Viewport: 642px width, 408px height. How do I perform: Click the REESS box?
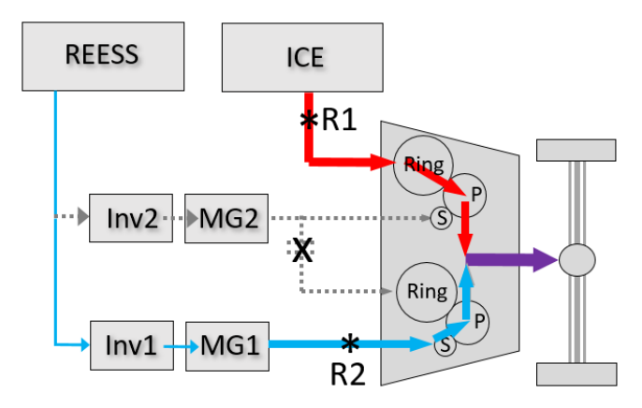pos(103,56)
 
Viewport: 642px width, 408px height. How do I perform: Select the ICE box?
pos(302,57)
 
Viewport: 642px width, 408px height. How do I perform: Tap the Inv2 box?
pos(131,218)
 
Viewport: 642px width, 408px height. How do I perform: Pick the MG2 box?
pos(226,219)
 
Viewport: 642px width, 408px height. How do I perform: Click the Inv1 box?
pos(132,345)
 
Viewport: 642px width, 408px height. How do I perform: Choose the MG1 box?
pos(227,346)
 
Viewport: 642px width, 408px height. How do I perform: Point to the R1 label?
pos(339,120)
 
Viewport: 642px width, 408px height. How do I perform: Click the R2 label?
pos(347,374)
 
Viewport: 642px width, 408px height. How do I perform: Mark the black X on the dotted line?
pos(302,250)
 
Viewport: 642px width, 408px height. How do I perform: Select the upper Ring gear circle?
pos(423,166)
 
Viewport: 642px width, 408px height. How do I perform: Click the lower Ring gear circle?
pos(427,292)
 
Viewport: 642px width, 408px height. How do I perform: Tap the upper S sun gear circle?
pos(442,218)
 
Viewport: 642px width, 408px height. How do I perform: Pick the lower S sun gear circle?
pos(445,344)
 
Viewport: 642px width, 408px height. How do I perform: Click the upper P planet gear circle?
pos(465,195)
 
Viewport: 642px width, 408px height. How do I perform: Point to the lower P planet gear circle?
pos(468,323)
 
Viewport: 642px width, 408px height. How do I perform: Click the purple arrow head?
pos(546,260)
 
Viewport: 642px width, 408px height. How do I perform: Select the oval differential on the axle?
pos(577,260)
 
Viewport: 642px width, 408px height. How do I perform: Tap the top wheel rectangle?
pos(576,150)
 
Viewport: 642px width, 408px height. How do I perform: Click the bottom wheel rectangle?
pos(576,374)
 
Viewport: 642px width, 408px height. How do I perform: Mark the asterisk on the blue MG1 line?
pos(350,342)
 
